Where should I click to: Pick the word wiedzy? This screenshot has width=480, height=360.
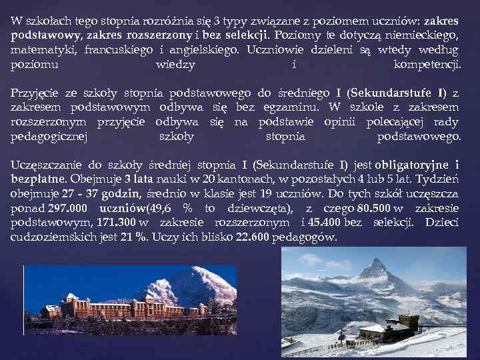[175, 65]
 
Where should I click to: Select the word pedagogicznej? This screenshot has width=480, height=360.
[49, 137]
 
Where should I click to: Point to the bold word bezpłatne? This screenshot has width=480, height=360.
[37, 179]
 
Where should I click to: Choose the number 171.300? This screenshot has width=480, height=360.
[117, 223]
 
